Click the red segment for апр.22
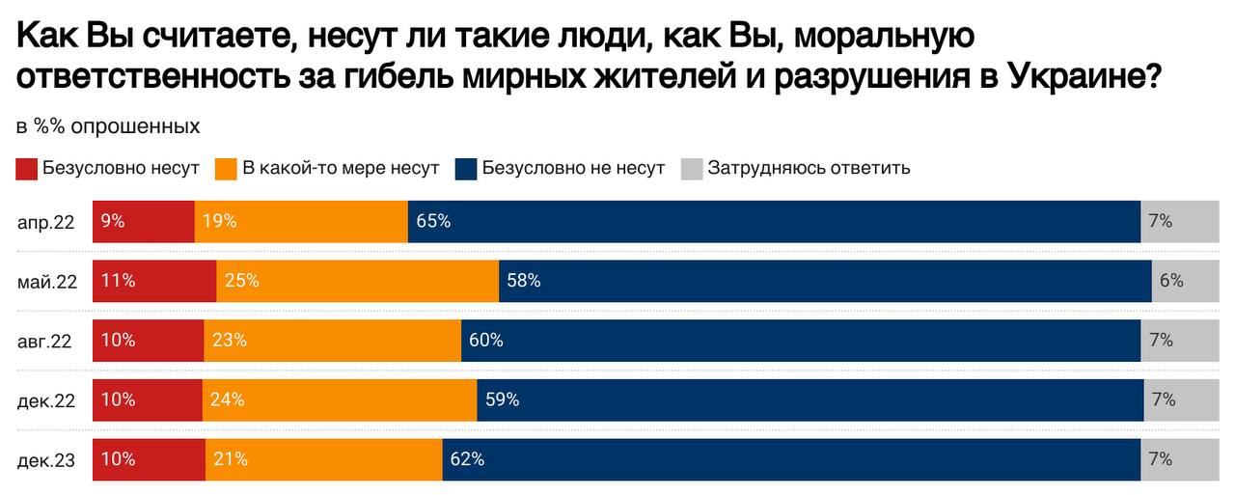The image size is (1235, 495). point(143,221)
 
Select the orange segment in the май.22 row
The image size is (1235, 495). point(357,281)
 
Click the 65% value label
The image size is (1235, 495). point(433,221)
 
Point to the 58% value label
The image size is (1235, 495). point(524,281)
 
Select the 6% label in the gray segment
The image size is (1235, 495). point(1171,281)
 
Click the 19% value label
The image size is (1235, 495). point(219,221)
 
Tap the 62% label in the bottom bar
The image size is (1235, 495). point(467,459)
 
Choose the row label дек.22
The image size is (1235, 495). point(46,400)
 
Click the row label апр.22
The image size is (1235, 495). point(46,222)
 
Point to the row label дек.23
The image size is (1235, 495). point(46,460)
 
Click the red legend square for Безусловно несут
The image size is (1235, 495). point(27,169)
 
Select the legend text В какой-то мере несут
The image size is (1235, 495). point(340,168)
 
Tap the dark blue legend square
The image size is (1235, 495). point(467,169)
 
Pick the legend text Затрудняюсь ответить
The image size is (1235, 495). point(809,168)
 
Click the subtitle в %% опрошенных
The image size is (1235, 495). point(108,126)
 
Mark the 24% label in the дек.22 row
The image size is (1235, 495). point(229,399)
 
